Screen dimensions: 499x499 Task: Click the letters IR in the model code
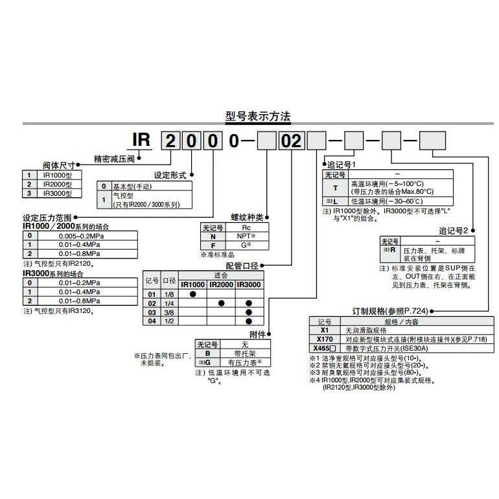pos(143,141)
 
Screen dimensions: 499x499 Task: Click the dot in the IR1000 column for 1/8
pos(192,294)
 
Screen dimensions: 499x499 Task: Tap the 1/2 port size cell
pos(169,321)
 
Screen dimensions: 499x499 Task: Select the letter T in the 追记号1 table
pos(334,188)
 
